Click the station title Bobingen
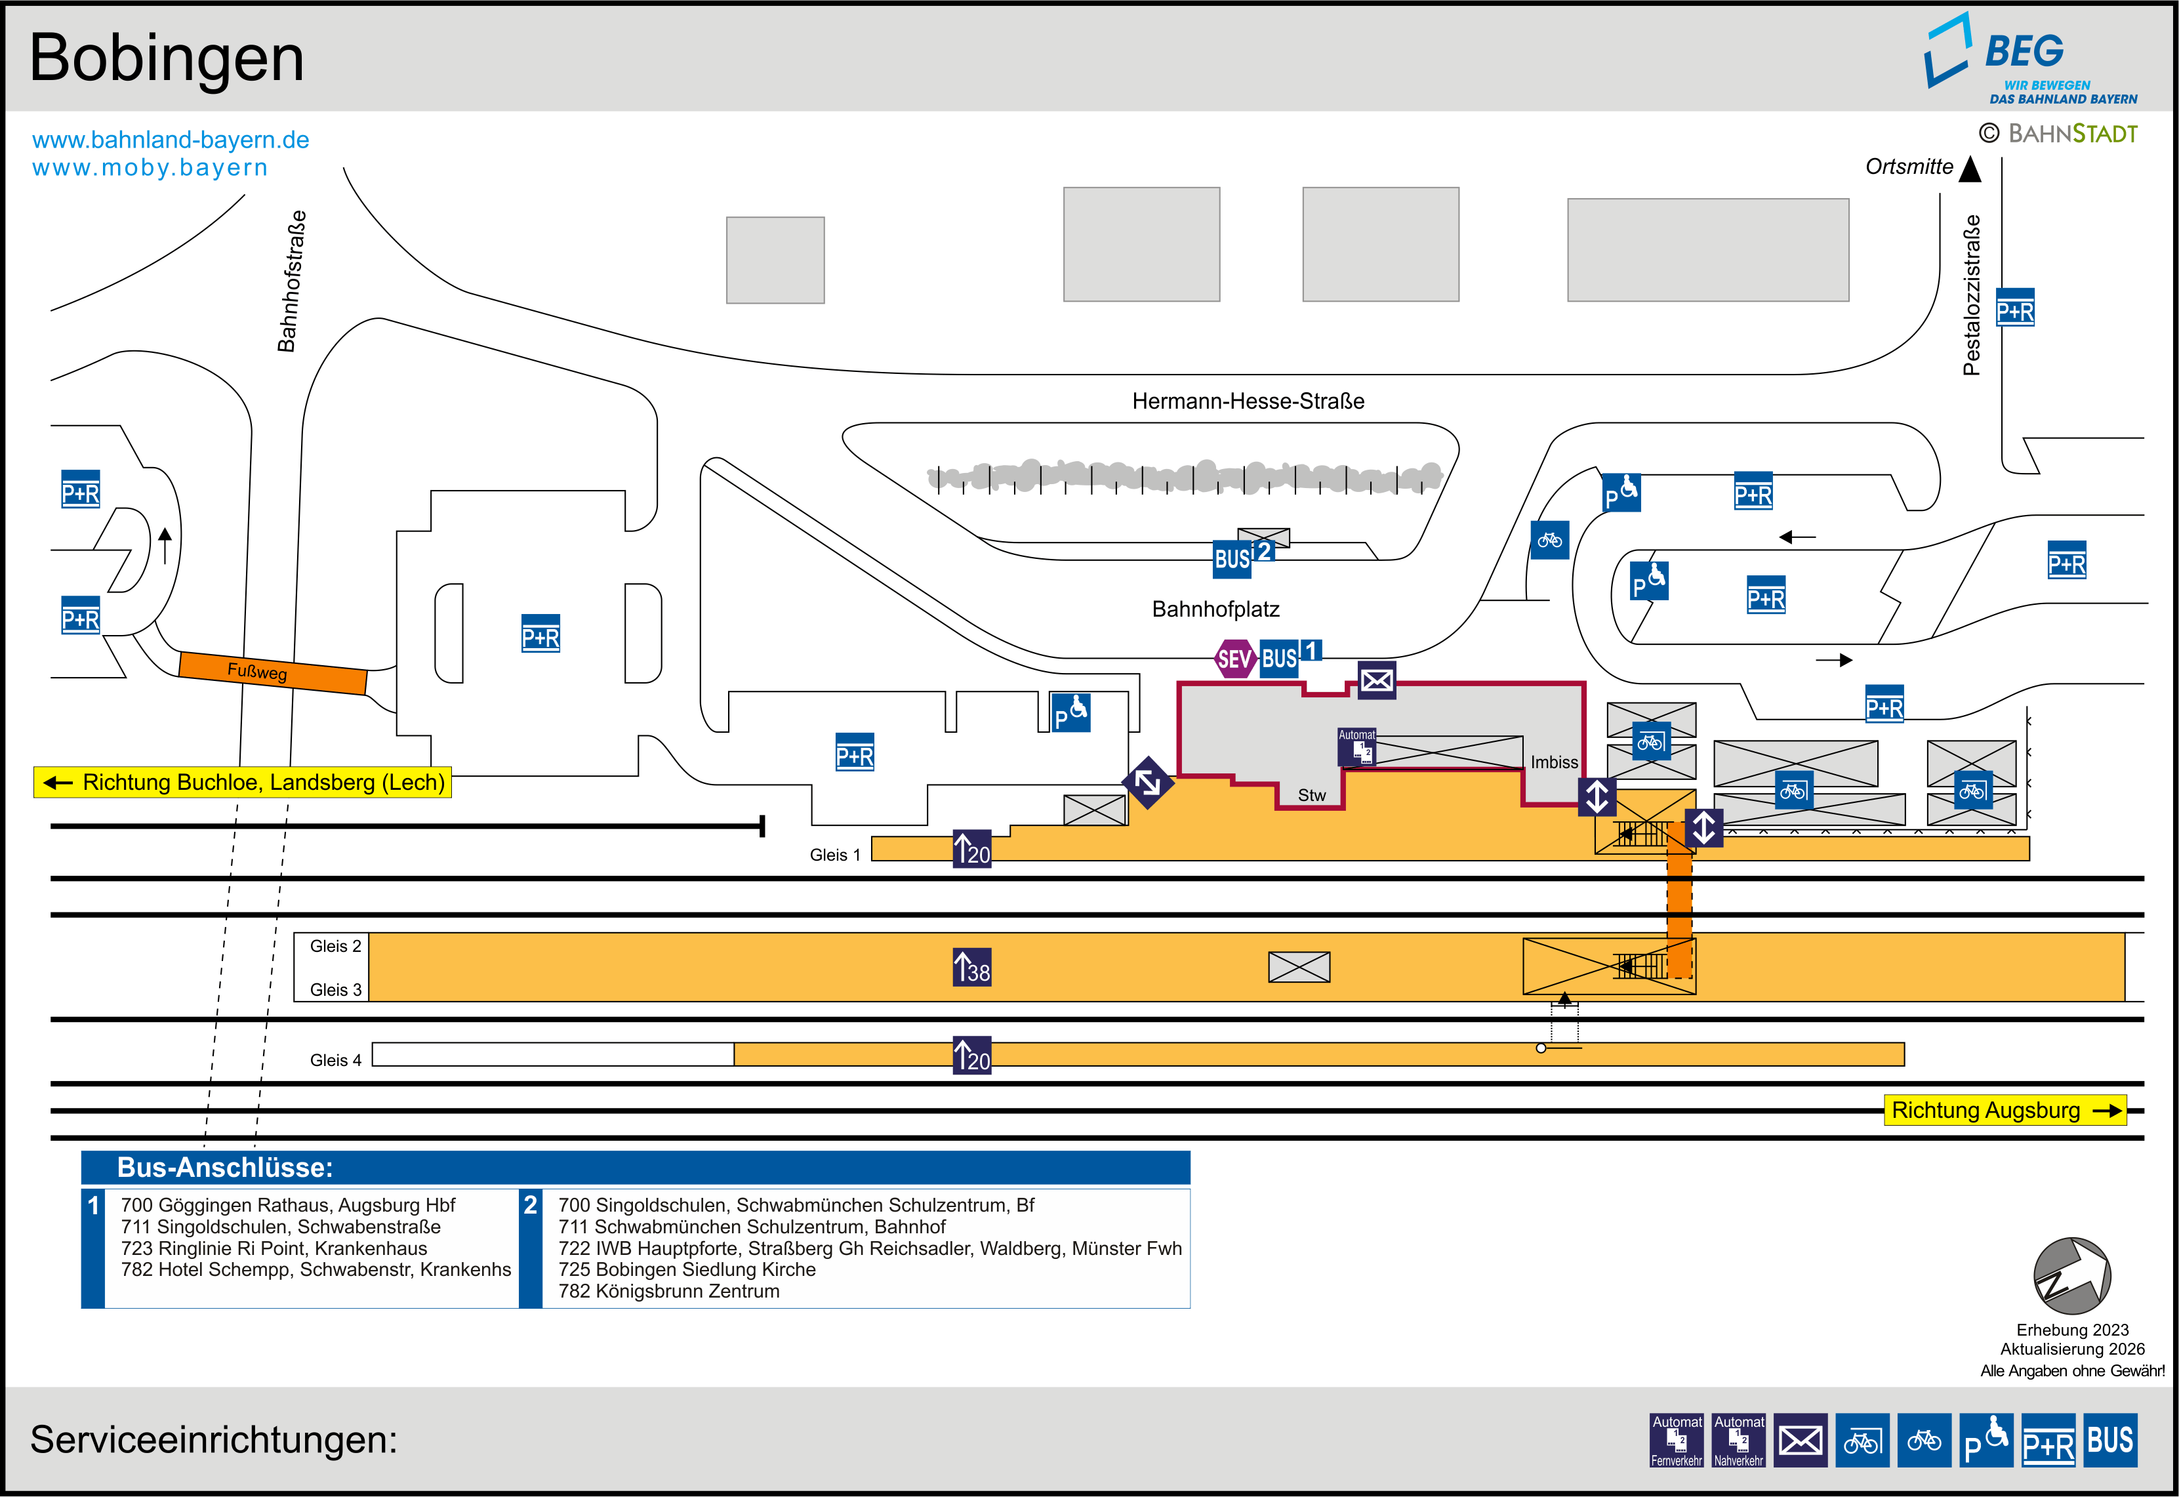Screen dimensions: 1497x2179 pos(167,58)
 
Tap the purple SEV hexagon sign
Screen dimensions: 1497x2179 pos(1234,659)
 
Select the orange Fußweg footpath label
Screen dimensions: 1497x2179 pos(257,672)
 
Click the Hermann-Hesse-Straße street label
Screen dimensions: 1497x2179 pos(1248,401)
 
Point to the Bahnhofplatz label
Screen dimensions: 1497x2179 pos(1215,609)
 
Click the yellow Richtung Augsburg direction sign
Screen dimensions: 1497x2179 pos(2004,1111)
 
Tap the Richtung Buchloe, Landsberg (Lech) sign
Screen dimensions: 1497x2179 pos(243,782)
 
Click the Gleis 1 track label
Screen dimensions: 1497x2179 pos(834,855)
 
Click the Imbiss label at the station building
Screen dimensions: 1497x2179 pos(1554,762)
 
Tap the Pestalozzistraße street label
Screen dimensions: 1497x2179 pos(1972,295)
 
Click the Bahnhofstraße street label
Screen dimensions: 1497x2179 pos(292,281)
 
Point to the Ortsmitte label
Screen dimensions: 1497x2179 pos(1909,167)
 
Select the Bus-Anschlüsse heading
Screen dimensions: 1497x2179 pos(225,1168)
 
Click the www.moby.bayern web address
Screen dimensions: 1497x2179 pos(150,168)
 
